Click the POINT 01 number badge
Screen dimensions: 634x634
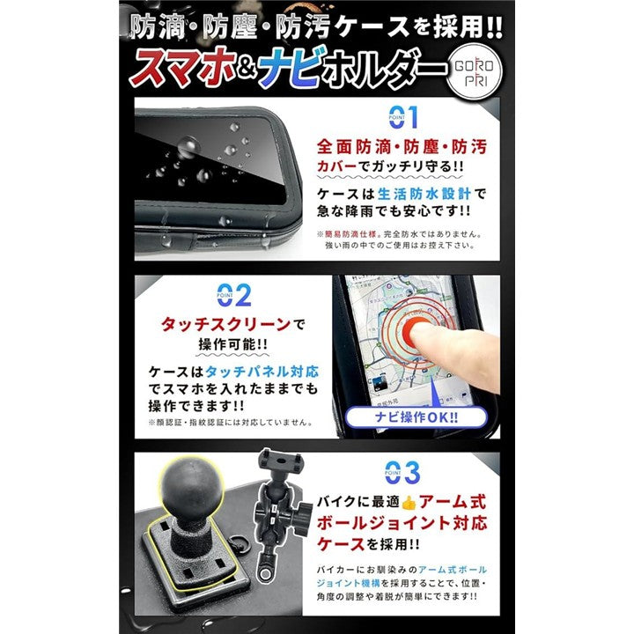coord(403,117)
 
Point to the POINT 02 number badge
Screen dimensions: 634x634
coord(234,295)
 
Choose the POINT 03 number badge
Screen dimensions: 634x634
coord(402,472)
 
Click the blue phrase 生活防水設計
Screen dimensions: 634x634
coord(424,194)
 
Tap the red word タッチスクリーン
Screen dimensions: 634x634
coord(226,324)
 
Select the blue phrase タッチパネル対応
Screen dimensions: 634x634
coord(262,372)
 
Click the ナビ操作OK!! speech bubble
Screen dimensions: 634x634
coord(416,417)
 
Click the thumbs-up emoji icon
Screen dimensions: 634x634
coord(409,503)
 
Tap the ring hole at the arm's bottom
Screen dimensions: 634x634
coord(265,575)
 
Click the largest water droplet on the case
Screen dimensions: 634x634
coord(188,146)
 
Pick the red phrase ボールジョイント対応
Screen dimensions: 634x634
coord(402,524)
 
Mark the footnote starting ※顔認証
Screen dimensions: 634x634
coord(231,423)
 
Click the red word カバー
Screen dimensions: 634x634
coord(336,166)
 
